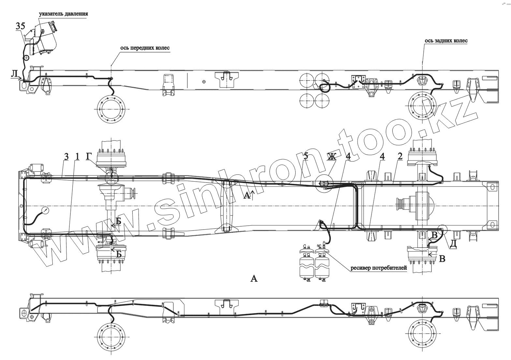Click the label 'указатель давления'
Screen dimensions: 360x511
63,14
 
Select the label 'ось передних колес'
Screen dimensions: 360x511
145,48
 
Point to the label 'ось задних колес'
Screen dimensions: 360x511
446,41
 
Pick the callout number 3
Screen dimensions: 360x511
66,157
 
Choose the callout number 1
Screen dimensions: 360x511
77,157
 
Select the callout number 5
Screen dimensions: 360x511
305,156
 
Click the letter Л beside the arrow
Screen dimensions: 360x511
14,75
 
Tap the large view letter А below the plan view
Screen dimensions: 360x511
254,278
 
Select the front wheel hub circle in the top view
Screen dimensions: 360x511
111,110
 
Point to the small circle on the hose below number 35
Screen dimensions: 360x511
26,58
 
